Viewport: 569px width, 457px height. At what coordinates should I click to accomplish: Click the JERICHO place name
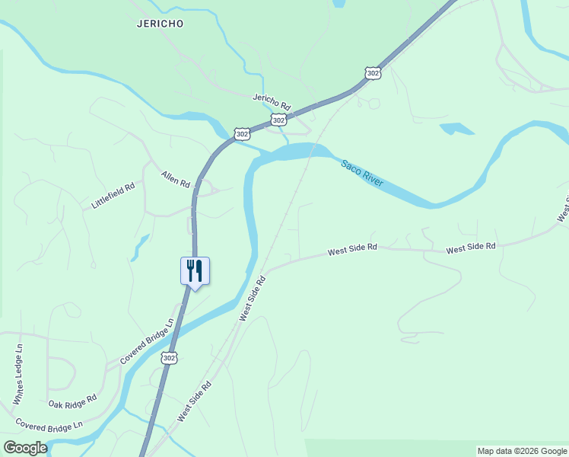(160, 24)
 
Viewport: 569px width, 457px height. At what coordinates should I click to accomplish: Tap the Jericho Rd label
(272, 101)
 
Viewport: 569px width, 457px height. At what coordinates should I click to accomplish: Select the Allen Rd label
(175, 180)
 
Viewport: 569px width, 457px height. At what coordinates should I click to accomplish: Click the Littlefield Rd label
(113, 196)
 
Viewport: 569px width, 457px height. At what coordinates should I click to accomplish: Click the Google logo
(25, 447)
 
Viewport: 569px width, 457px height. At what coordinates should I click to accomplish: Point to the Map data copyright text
(521, 451)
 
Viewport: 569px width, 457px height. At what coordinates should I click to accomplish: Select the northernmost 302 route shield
(372, 72)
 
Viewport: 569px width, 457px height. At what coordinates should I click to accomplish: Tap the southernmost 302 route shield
(169, 357)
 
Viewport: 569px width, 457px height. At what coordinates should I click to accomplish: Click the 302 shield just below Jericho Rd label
(279, 120)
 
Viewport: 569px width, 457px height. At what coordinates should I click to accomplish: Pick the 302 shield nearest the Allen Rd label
(242, 133)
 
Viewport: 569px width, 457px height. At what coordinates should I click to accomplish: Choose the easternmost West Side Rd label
(471, 248)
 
